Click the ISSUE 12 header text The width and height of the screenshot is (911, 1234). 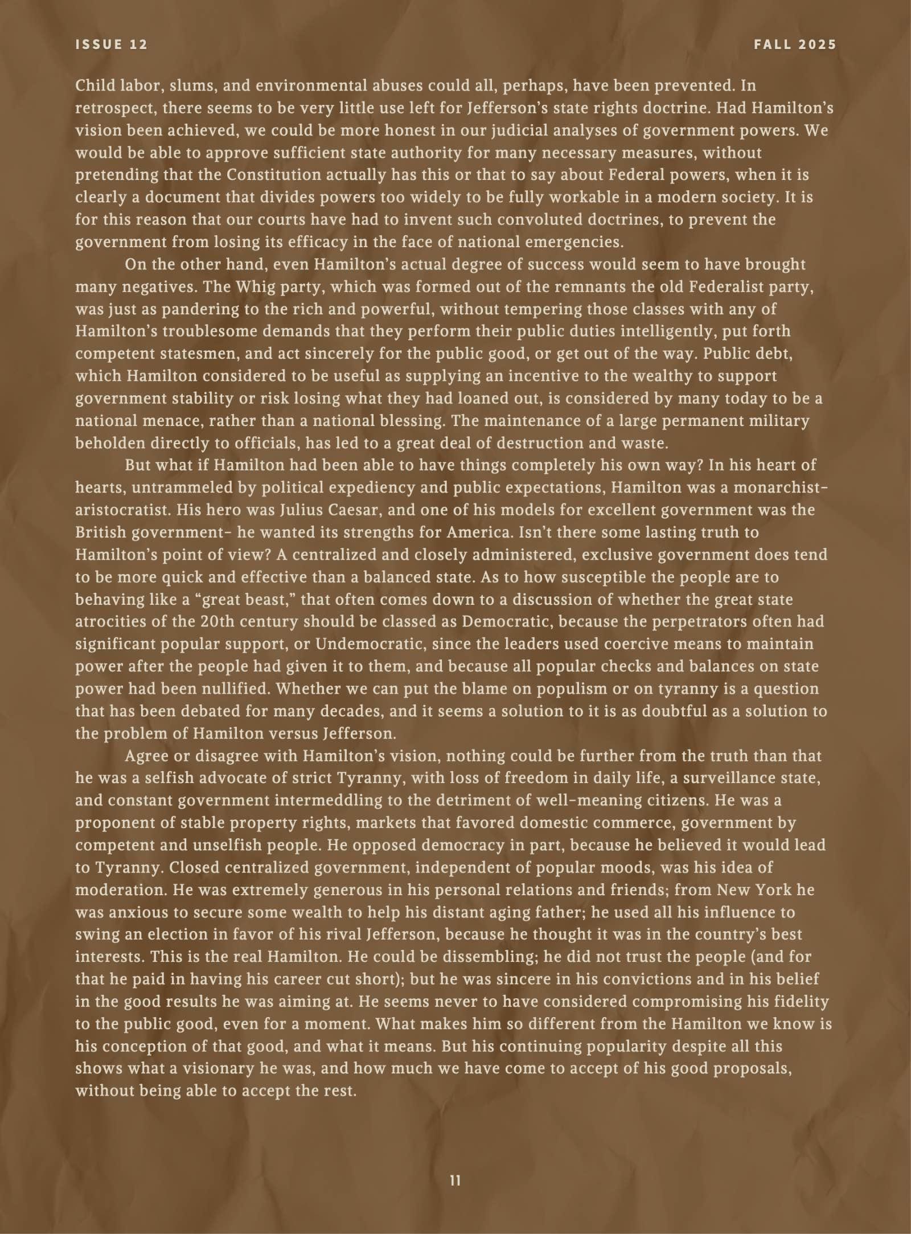click(x=112, y=45)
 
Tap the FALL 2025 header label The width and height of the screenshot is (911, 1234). click(x=795, y=45)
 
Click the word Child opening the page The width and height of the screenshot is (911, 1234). click(x=92, y=86)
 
